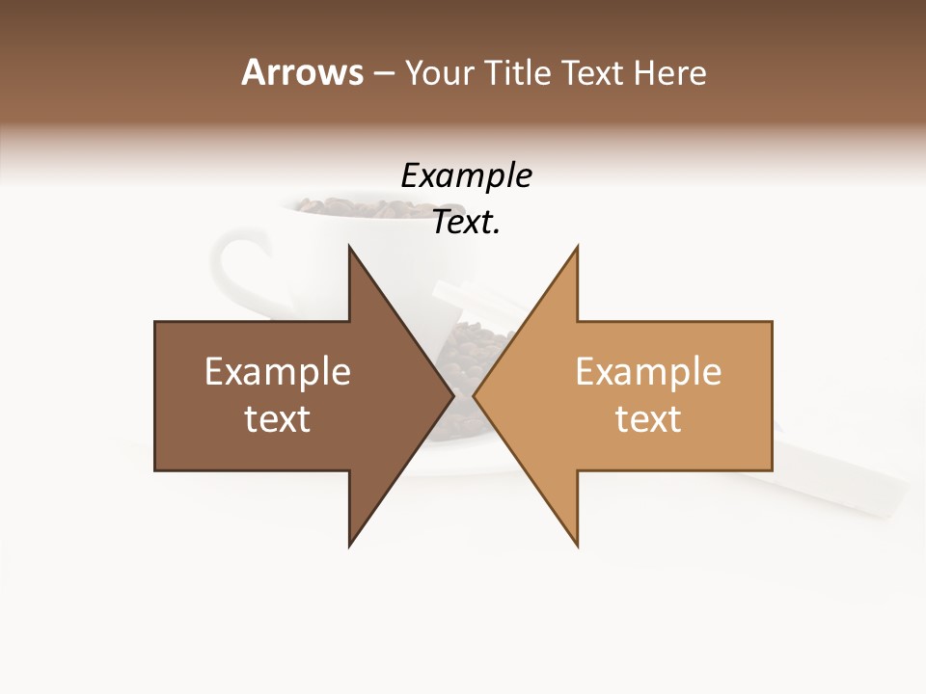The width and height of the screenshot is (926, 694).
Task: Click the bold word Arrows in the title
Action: point(302,72)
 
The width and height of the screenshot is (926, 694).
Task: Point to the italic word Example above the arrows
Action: point(466,176)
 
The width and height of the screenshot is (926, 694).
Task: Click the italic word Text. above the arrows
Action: point(466,223)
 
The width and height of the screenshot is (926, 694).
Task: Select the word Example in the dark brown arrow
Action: point(278,372)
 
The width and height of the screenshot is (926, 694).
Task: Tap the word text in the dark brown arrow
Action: point(278,419)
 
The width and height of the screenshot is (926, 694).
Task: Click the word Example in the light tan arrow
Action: point(648,372)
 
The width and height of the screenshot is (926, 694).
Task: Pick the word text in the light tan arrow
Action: point(648,419)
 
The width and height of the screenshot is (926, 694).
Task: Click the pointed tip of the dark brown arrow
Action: point(451,395)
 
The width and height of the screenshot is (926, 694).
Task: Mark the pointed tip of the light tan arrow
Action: point(476,395)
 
